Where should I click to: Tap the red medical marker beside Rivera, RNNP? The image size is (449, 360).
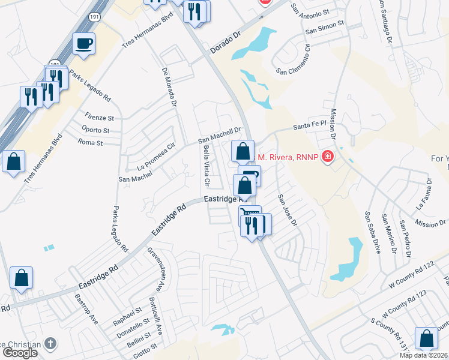(328, 157)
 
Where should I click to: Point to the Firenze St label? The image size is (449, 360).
(99, 118)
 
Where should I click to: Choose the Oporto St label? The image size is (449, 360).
(95, 130)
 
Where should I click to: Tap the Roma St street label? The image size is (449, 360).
(91, 143)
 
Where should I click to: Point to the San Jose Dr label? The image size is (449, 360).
(287, 209)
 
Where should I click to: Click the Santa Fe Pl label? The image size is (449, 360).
(309, 126)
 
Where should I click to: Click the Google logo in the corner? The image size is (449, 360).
(20, 353)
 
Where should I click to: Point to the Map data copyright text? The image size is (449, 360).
(424, 355)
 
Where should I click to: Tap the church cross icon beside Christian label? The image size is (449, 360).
(51, 344)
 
